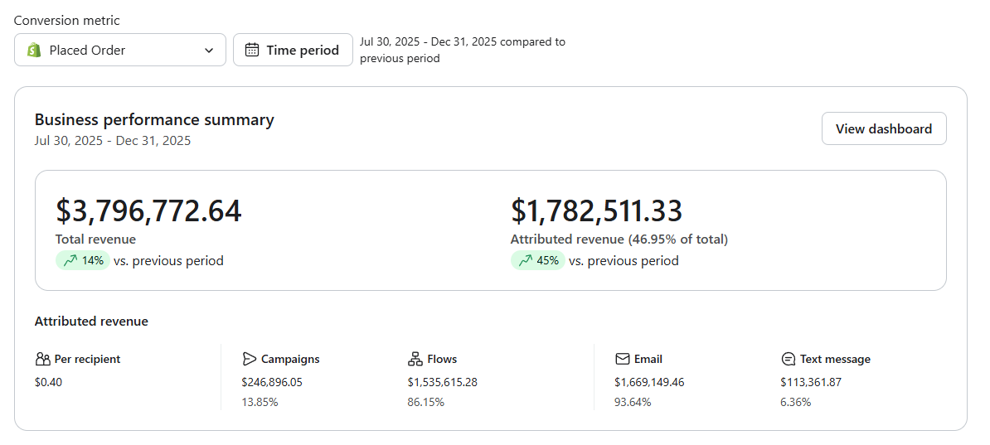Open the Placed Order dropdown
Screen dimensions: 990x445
(120, 50)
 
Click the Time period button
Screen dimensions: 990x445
(293, 50)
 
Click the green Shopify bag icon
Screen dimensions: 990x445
(34, 50)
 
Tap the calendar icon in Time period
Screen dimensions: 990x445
(252, 50)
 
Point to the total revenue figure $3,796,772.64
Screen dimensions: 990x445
(148, 210)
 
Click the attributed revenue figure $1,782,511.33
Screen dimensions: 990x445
(597, 210)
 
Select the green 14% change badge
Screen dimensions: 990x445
(83, 261)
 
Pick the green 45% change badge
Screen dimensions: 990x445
(538, 261)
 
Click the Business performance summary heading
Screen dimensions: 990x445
(154, 120)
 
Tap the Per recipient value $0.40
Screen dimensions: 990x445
(49, 382)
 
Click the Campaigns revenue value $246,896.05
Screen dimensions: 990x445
(272, 382)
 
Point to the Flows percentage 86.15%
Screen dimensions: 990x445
(426, 402)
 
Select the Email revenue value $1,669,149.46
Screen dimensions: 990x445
(649, 382)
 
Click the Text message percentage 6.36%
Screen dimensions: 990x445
(795, 402)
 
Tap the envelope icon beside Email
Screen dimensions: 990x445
(623, 359)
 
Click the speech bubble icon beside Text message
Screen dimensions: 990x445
(788, 359)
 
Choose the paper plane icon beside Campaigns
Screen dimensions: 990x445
(250, 359)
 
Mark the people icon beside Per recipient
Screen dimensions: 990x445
(42, 359)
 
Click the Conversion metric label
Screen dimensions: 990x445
(67, 20)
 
